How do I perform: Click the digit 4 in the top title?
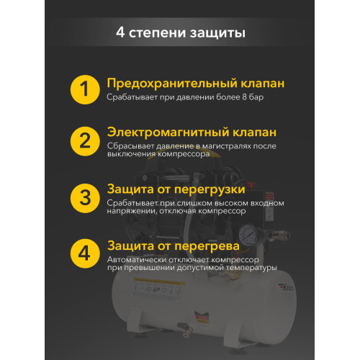click(120, 33)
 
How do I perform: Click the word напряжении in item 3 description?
click(136, 212)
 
